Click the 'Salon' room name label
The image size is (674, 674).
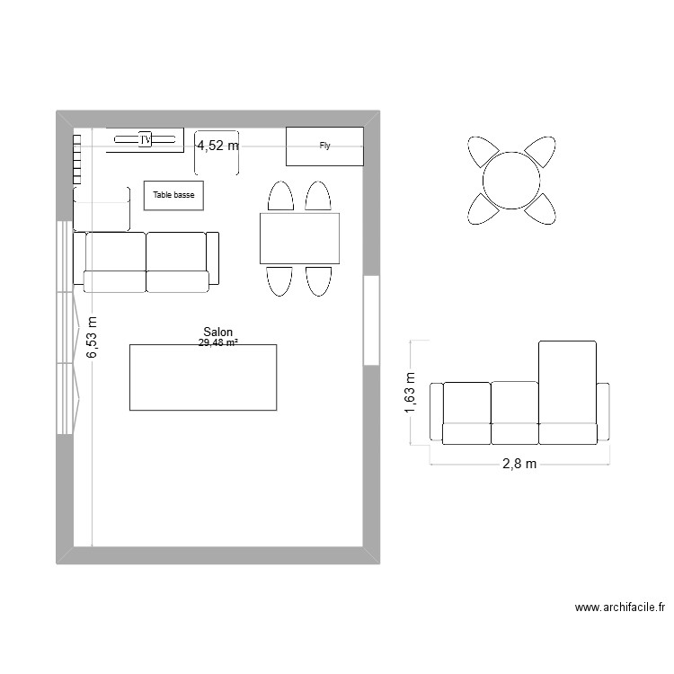click(x=218, y=332)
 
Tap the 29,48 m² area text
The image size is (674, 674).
click(x=218, y=342)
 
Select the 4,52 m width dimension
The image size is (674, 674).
click(x=218, y=146)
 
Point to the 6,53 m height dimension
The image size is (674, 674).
click(x=93, y=338)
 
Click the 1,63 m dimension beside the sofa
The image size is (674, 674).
click(x=411, y=394)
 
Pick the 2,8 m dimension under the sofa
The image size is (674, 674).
click(x=519, y=464)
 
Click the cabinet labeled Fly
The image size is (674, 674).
click(x=324, y=146)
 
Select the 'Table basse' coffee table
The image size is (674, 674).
click(x=173, y=194)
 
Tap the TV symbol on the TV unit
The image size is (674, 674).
click(x=145, y=139)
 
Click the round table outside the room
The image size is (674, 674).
click(x=510, y=180)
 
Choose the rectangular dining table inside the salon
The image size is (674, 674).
click(x=299, y=238)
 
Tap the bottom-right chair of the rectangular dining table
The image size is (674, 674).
click(x=319, y=280)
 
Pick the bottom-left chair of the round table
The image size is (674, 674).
click(x=483, y=208)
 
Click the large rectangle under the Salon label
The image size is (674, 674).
click(x=203, y=377)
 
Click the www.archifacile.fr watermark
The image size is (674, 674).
click(x=619, y=608)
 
